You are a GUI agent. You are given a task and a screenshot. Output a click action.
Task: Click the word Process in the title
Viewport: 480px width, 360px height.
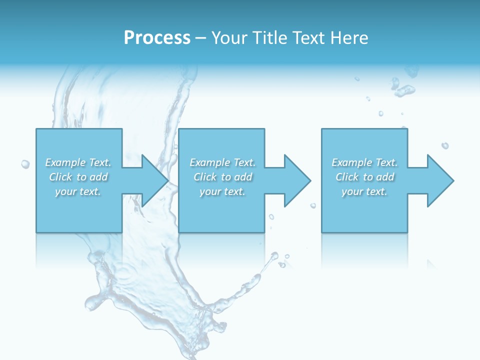[x=157, y=38]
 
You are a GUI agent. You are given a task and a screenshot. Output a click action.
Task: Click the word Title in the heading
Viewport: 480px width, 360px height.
[x=269, y=38]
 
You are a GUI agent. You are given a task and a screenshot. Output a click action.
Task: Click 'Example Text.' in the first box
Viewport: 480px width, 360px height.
[x=78, y=162]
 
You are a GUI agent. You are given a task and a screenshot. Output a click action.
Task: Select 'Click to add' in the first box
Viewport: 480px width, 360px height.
[x=78, y=177]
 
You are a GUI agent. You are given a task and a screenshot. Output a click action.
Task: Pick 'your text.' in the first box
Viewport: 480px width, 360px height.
[x=78, y=191]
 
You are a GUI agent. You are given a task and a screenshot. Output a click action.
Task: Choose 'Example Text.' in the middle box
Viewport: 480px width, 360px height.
[x=222, y=162]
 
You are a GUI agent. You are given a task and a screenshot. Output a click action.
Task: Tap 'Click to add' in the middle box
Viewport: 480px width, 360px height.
[x=222, y=177]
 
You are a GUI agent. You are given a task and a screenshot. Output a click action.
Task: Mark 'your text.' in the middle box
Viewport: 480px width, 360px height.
[x=222, y=191]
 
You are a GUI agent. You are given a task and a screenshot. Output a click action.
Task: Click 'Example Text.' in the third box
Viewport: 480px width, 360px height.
[x=364, y=162]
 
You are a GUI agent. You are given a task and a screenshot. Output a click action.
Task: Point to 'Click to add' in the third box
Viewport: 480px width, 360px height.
[x=364, y=177]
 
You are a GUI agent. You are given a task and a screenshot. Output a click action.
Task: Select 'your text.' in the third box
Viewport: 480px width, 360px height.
[x=364, y=191]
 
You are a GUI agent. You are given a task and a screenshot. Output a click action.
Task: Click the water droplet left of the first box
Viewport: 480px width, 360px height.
[x=25, y=164]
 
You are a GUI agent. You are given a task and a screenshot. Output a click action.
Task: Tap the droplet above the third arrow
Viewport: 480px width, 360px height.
[x=444, y=145]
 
